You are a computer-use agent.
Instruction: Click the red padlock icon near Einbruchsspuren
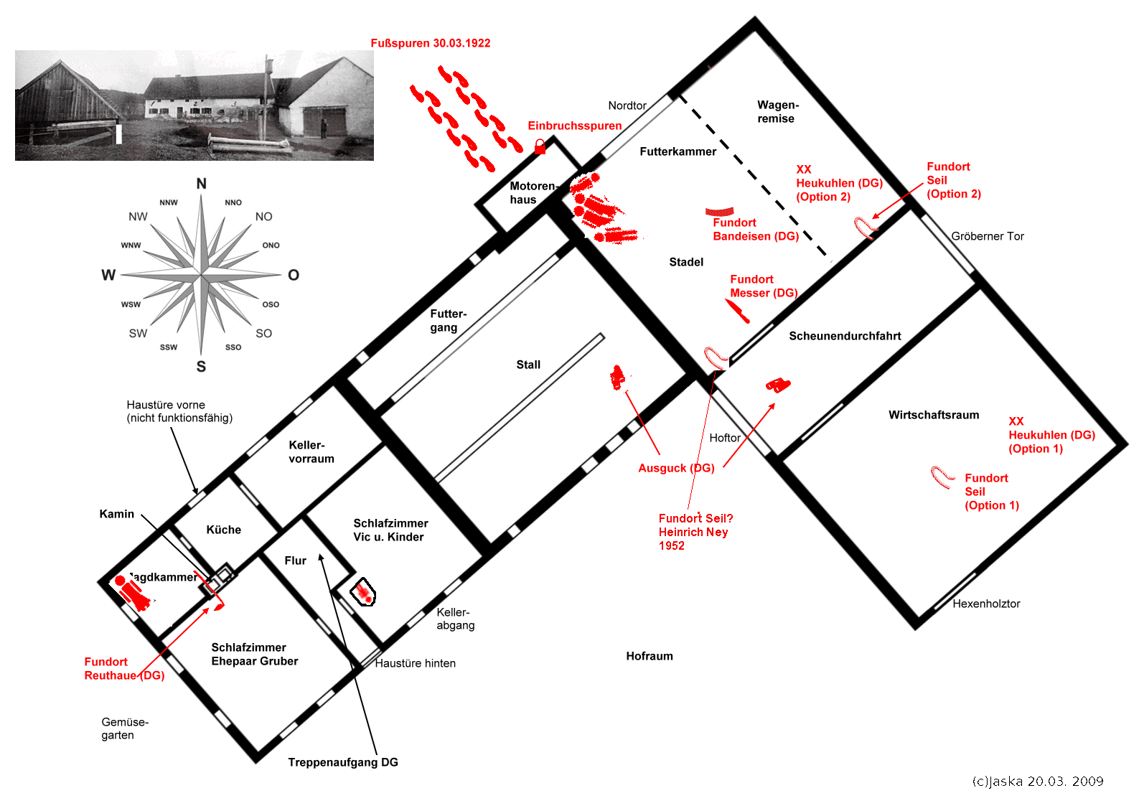540,147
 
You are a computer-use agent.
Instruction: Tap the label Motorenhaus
532,192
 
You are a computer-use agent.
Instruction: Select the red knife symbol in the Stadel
737,311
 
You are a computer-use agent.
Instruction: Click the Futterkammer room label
678,151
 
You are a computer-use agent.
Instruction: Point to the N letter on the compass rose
202,184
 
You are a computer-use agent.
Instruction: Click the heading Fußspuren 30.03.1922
430,43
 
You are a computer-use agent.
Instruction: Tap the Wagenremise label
777,112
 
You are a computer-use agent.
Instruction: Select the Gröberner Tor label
987,236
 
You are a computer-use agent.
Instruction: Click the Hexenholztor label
985,604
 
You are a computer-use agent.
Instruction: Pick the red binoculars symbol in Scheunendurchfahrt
778,385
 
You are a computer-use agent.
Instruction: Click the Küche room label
223,530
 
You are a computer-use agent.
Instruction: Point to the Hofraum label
649,656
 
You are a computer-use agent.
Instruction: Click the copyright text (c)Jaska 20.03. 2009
1037,782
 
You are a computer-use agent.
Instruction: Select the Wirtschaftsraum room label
933,415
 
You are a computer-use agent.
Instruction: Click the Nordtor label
627,106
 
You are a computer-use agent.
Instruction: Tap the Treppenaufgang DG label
342,762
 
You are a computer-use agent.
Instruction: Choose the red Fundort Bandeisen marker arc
719,212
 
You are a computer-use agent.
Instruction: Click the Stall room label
528,365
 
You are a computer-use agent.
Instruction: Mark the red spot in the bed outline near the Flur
365,593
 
